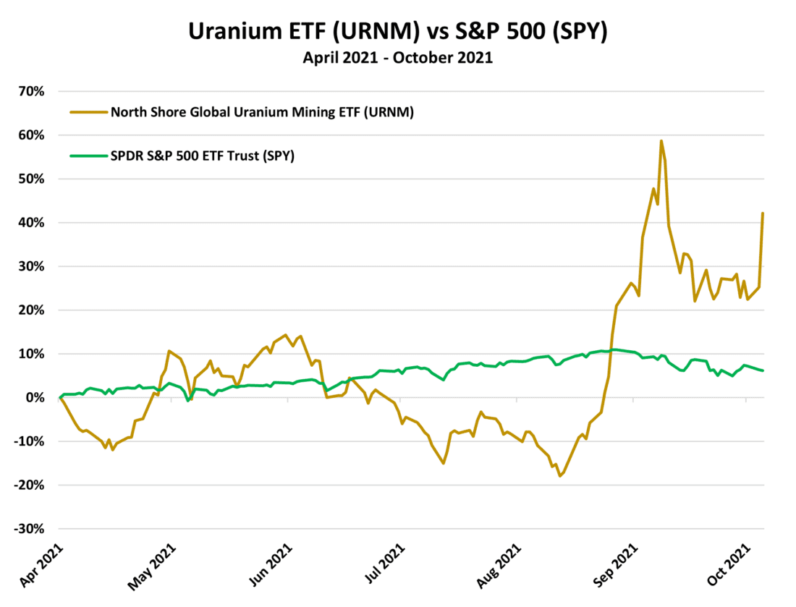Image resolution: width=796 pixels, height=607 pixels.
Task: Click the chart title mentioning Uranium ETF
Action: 398,32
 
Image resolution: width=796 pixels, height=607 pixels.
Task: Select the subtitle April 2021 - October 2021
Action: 398,59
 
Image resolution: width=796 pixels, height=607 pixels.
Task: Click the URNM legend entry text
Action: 261,111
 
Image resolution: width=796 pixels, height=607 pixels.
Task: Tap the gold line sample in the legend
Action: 86,112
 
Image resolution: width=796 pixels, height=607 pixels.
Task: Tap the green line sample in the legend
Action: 86,156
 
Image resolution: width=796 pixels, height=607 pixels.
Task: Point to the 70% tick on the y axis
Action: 33,92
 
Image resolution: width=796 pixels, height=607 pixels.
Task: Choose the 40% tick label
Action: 33,223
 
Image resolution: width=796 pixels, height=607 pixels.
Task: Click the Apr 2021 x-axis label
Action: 43,569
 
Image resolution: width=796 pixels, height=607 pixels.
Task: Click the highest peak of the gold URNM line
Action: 661,141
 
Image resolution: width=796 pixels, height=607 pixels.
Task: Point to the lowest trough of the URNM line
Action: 559,476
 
